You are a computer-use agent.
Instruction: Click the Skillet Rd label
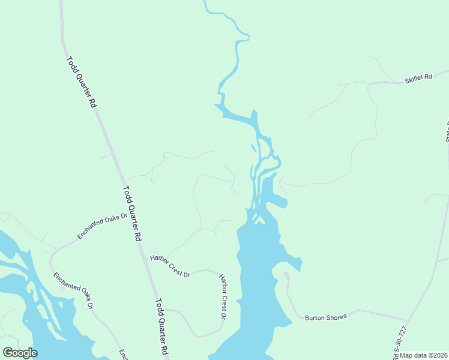click(x=418, y=78)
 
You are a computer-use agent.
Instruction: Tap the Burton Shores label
click(x=326, y=317)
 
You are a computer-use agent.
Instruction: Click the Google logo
click(x=20, y=353)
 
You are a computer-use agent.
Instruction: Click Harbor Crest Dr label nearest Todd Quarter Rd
click(x=169, y=266)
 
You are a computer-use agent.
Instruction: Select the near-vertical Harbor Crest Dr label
click(x=223, y=296)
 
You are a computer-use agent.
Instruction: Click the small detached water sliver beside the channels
click(x=253, y=148)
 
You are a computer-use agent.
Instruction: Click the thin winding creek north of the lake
click(x=237, y=60)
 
